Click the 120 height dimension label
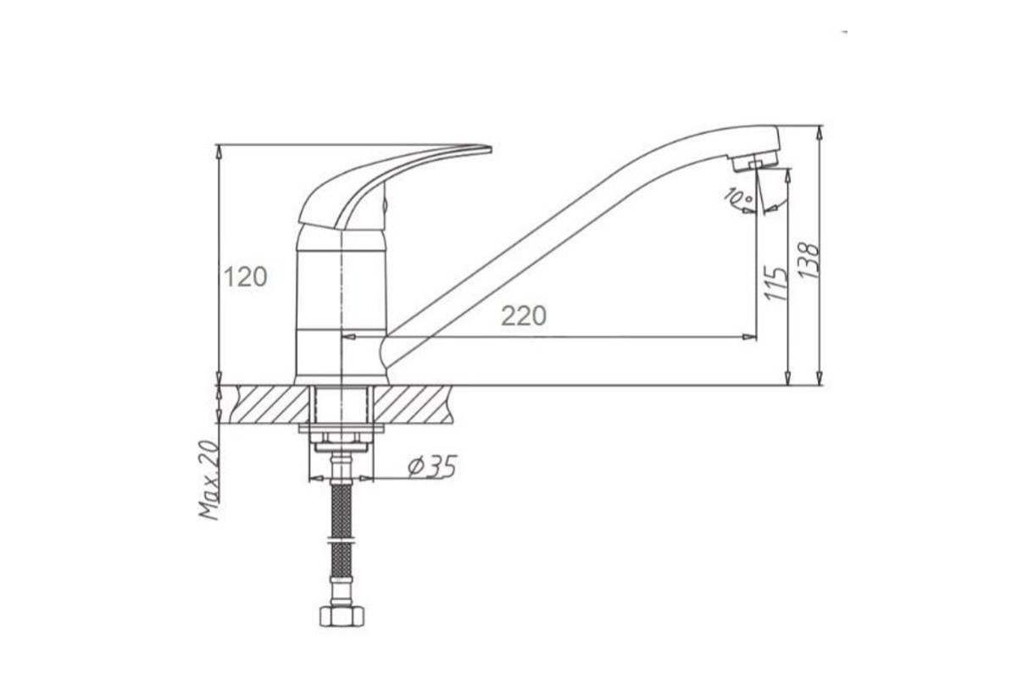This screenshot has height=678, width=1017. click(246, 277)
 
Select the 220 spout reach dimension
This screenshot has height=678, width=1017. click(524, 315)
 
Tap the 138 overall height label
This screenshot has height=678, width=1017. click(809, 261)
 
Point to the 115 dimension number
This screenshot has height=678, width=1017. click(776, 283)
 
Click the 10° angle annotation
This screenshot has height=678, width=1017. click(738, 197)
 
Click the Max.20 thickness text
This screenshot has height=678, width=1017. click(209, 480)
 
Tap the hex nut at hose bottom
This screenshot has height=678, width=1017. click(342, 616)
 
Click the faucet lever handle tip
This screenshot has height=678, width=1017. click(491, 149)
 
